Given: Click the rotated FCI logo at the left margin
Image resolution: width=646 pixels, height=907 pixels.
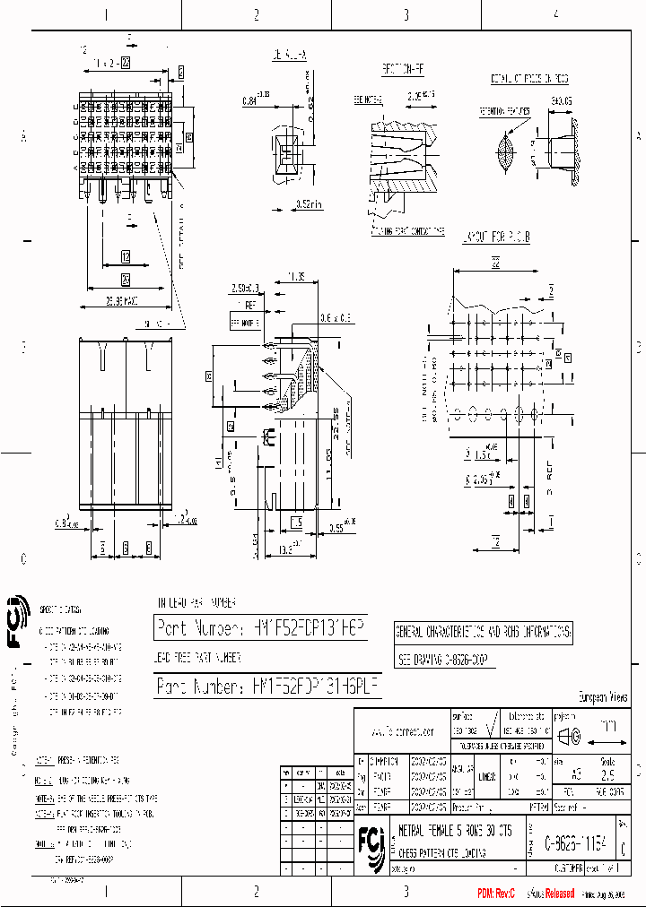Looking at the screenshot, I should coord(15,622).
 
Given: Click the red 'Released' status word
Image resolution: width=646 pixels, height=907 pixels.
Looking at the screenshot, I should coord(556,894).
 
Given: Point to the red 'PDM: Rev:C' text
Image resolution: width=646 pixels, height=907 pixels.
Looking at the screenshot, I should coord(497,894).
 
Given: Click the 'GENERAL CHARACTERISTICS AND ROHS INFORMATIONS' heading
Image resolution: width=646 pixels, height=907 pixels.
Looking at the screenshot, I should coord(484,633).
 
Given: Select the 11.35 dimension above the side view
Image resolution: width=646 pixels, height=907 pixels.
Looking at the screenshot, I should coord(297,275).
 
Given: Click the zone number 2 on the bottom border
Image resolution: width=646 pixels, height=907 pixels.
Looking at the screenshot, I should coord(257,892).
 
